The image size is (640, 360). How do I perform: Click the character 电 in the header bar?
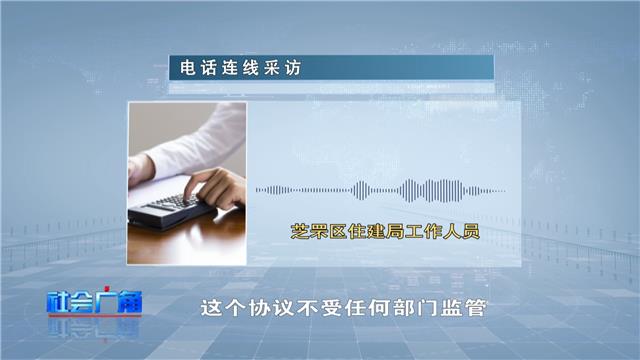coord(188,68)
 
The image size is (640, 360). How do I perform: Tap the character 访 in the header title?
coord(293,68)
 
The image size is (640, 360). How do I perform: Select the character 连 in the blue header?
coord(230,68)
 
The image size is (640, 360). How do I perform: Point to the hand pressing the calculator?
coord(215,188)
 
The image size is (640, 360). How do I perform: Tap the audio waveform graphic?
coord(380,191)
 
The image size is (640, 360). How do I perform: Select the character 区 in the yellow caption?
coord(338,231)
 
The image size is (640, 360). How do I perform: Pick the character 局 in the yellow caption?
coord(395,231)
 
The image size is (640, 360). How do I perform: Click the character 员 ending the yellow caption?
coord(470,231)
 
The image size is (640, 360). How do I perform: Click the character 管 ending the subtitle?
coord(476,308)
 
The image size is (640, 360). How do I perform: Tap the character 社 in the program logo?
coord(58,302)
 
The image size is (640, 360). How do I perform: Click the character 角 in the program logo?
coord(131,302)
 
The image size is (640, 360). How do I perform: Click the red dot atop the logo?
coord(107,288)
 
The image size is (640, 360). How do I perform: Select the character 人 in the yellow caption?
coord(451,231)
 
